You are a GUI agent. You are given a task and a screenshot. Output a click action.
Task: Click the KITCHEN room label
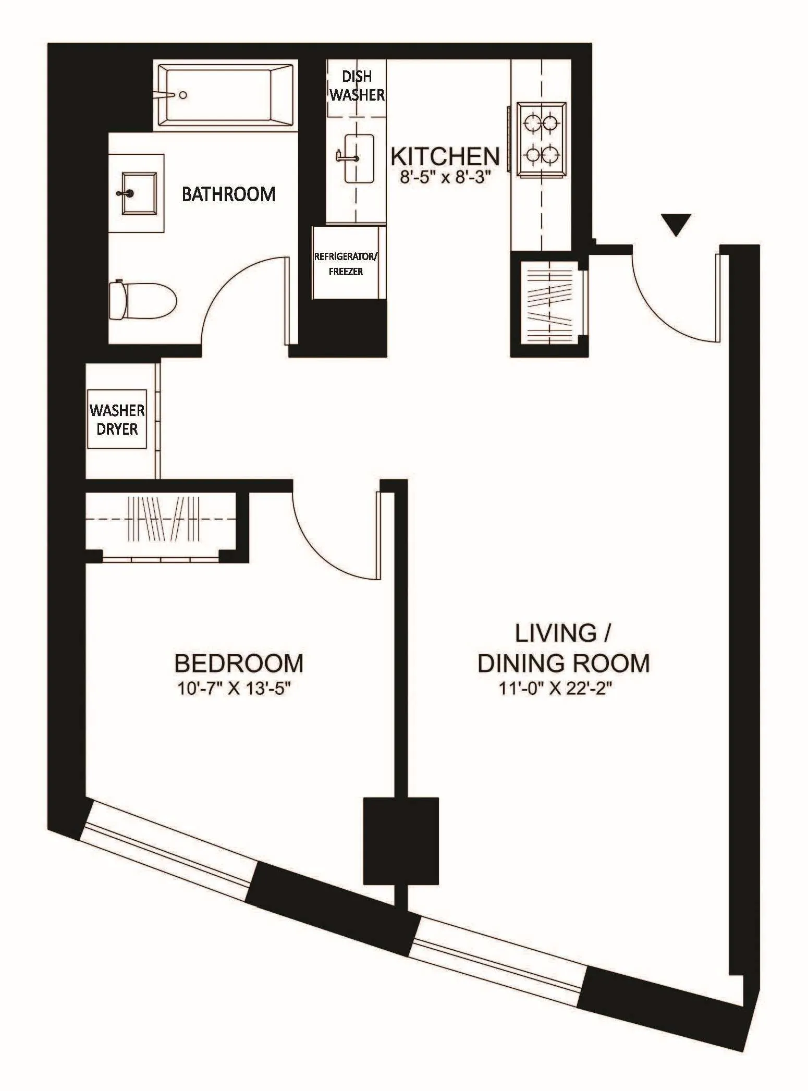click(445, 156)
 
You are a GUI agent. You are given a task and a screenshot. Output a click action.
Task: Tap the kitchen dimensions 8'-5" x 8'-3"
click(445, 178)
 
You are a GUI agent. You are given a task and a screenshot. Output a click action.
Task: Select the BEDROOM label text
click(239, 664)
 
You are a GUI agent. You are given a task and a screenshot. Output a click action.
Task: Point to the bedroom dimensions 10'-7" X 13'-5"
click(233, 689)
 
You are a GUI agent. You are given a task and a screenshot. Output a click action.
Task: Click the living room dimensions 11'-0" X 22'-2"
click(555, 689)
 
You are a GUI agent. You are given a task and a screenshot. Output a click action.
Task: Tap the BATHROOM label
click(228, 194)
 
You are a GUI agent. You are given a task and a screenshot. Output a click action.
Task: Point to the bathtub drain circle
click(183, 95)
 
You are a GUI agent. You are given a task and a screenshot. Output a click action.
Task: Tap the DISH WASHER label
click(357, 85)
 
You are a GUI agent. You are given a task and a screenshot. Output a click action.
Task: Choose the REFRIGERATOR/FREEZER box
click(346, 263)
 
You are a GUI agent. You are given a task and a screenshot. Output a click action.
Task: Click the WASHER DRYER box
click(117, 419)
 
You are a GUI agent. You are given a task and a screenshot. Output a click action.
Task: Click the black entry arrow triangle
click(676, 224)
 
